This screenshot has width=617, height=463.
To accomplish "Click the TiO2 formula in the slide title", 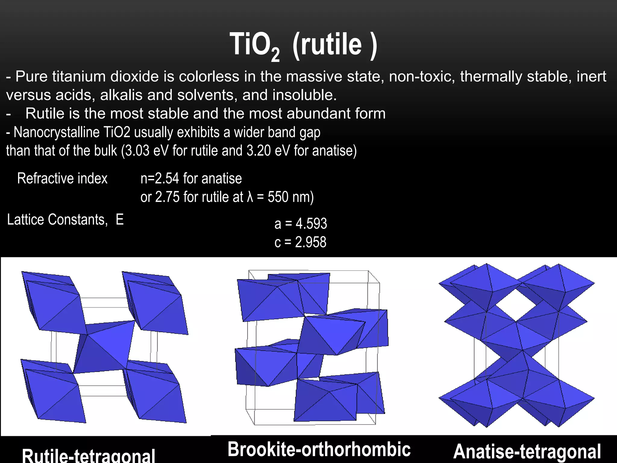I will pyautogui.click(x=255, y=45).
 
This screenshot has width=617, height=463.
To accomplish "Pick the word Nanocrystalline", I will pyautogui.click(x=57, y=132).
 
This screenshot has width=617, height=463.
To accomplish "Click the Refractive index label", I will pyautogui.click(x=62, y=178).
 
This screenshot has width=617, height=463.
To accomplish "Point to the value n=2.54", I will pyautogui.click(x=160, y=178).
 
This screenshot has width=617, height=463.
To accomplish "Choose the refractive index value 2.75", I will pyautogui.click(x=167, y=197).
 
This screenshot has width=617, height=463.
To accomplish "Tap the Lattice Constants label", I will pyautogui.click(x=57, y=219).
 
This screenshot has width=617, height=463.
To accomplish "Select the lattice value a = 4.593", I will pyautogui.click(x=300, y=224).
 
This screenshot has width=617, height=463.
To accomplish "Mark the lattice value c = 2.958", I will pyautogui.click(x=300, y=242).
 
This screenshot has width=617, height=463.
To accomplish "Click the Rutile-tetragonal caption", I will pyautogui.click(x=89, y=455).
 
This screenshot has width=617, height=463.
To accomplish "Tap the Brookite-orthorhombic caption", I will pyautogui.click(x=319, y=449).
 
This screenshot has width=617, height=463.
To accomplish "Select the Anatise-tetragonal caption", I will pyautogui.click(x=527, y=452).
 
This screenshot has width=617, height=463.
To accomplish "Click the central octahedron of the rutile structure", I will pyautogui.click(x=104, y=347).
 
